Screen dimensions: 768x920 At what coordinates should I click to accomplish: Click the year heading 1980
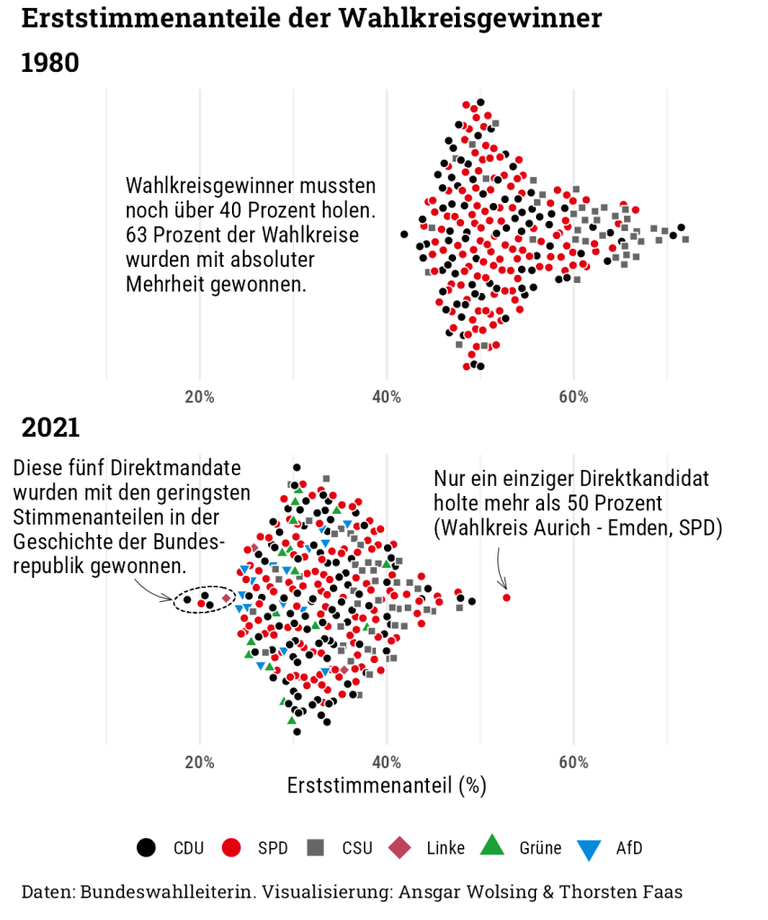click(49, 63)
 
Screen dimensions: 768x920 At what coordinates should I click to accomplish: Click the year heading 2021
click(50, 428)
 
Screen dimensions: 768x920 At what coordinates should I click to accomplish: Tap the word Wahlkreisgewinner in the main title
click(470, 18)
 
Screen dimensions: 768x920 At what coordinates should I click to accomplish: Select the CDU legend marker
click(147, 848)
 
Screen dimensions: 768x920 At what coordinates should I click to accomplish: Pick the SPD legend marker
click(231, 848)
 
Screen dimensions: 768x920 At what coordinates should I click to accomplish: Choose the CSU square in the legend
click(316, 848)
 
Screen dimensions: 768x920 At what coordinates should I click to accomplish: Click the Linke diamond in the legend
click(400, 848)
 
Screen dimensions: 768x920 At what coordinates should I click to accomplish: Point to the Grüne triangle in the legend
click(492, 846)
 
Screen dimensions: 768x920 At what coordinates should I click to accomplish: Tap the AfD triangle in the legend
click(589, 850)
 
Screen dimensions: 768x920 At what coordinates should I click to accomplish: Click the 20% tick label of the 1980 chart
click(200, 397)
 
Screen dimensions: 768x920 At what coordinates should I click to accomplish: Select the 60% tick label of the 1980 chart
click(574, 397)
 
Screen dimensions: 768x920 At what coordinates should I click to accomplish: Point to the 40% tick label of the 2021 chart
click(387, 763)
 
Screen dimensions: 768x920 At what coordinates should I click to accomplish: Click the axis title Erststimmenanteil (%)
click(387, 786)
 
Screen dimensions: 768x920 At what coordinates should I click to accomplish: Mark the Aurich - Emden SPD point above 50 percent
click(506, 597)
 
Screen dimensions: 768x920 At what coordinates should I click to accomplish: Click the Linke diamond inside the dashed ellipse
click(226, 597)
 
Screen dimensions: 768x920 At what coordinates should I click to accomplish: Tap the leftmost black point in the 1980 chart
click(404, 234)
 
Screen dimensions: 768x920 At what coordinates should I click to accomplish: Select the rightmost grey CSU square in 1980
click(686, 239)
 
